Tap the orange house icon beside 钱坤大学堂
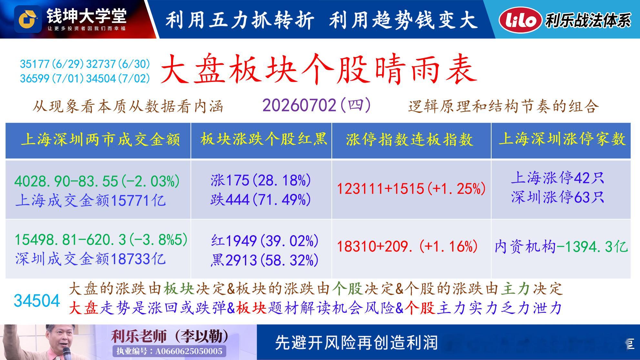click(28, 19)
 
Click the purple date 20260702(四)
click(317, 105)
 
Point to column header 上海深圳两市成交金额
click(100, 140)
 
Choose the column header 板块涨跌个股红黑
click(263, 139)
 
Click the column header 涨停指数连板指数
click(410, 140)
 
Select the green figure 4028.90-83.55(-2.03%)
click(97, 181)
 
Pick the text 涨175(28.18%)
click(261, 180)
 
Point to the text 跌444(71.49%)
click(261, 200)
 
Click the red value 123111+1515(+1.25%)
click(411, 188)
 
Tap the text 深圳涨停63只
click(557, 197)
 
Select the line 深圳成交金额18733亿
click(91, 259)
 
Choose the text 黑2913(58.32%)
click(265, 260)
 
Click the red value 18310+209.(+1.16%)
click(407, 246)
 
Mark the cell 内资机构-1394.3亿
click(561, 247)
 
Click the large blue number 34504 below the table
click(37, 301)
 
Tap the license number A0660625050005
click(188, 351)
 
